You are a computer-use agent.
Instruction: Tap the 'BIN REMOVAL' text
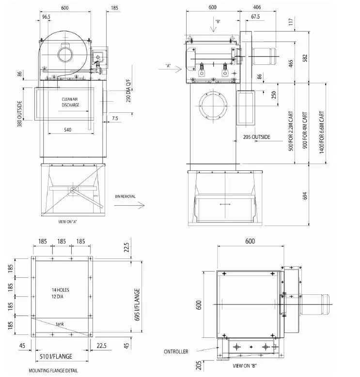tap(125, 196)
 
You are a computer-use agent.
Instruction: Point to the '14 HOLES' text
tap(60, 290)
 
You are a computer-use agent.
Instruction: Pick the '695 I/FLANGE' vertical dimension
tap(137, 305)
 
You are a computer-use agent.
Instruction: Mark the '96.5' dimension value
tap(47, 16)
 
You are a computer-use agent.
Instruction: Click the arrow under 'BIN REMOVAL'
tap(130, 206)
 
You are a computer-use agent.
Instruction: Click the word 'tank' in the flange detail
tap(60, 324)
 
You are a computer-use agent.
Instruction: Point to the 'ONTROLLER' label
tap(175, 351)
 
